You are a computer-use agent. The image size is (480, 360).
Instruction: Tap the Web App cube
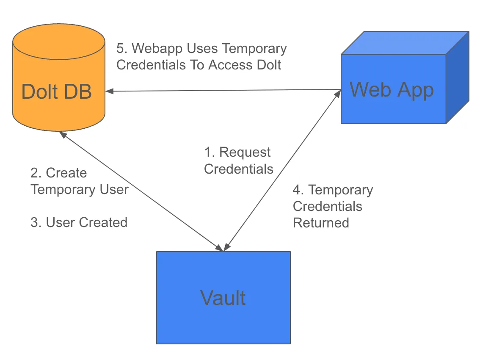pyautogui.click(x=393, y=110)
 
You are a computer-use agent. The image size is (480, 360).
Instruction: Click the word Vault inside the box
pyautogui.click(x=223, y=298)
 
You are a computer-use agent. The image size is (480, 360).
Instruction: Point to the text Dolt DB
pyautogui.click(x=56, y=91)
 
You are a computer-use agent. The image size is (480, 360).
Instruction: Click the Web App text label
pyautogui.click(x=392, y=90)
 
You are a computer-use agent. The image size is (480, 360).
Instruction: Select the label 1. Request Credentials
pyautogui.click(x=238, y=161)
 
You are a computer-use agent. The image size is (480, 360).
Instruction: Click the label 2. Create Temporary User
pyautogui.click(x=79, y=181)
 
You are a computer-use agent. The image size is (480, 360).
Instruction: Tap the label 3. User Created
pyautogui.click(x=79, y=222)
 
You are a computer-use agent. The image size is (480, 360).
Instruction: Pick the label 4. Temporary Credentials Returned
pyautogui.click(x=333, y=206)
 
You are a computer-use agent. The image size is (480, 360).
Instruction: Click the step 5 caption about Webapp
pyautogui.click(x=201, y=57)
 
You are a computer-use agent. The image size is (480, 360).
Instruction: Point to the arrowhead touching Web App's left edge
pyautogui.click(x=339, y=93)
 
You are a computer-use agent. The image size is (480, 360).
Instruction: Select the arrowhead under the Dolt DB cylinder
pyautogui.click(x=62, y=134)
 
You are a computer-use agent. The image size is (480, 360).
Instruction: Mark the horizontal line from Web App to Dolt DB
pyautogui.click(x=224, y=90)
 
